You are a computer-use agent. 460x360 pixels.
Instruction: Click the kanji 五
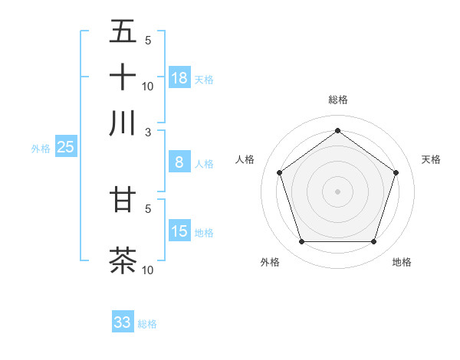[x=123, y=32]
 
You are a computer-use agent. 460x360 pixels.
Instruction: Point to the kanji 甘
[x=123, y=199]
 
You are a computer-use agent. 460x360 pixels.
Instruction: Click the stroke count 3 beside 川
[x=148, y=131]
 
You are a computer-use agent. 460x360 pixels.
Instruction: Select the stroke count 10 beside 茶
[x=148, y=270]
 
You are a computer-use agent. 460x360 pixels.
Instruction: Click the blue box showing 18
[x=179, y=77]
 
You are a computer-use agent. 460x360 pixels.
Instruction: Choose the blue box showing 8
[x=179, y=162]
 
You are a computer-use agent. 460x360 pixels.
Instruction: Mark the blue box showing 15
[x=179, y=231]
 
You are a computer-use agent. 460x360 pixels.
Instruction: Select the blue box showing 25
[x=66, y=147]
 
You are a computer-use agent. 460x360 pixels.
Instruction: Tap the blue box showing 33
[x=123, y=322]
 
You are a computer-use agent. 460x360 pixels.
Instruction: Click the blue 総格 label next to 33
[x=147, y=324]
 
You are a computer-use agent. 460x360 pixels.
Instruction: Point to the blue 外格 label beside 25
[x=41, y=149]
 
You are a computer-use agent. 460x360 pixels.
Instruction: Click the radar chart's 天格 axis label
[x=431, y=159]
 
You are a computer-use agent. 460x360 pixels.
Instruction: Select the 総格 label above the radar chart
[x=338, y=100]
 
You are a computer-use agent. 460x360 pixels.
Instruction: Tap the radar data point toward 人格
[x=280, y=173]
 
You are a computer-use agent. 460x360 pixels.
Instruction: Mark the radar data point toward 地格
[x=373, y=242]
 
